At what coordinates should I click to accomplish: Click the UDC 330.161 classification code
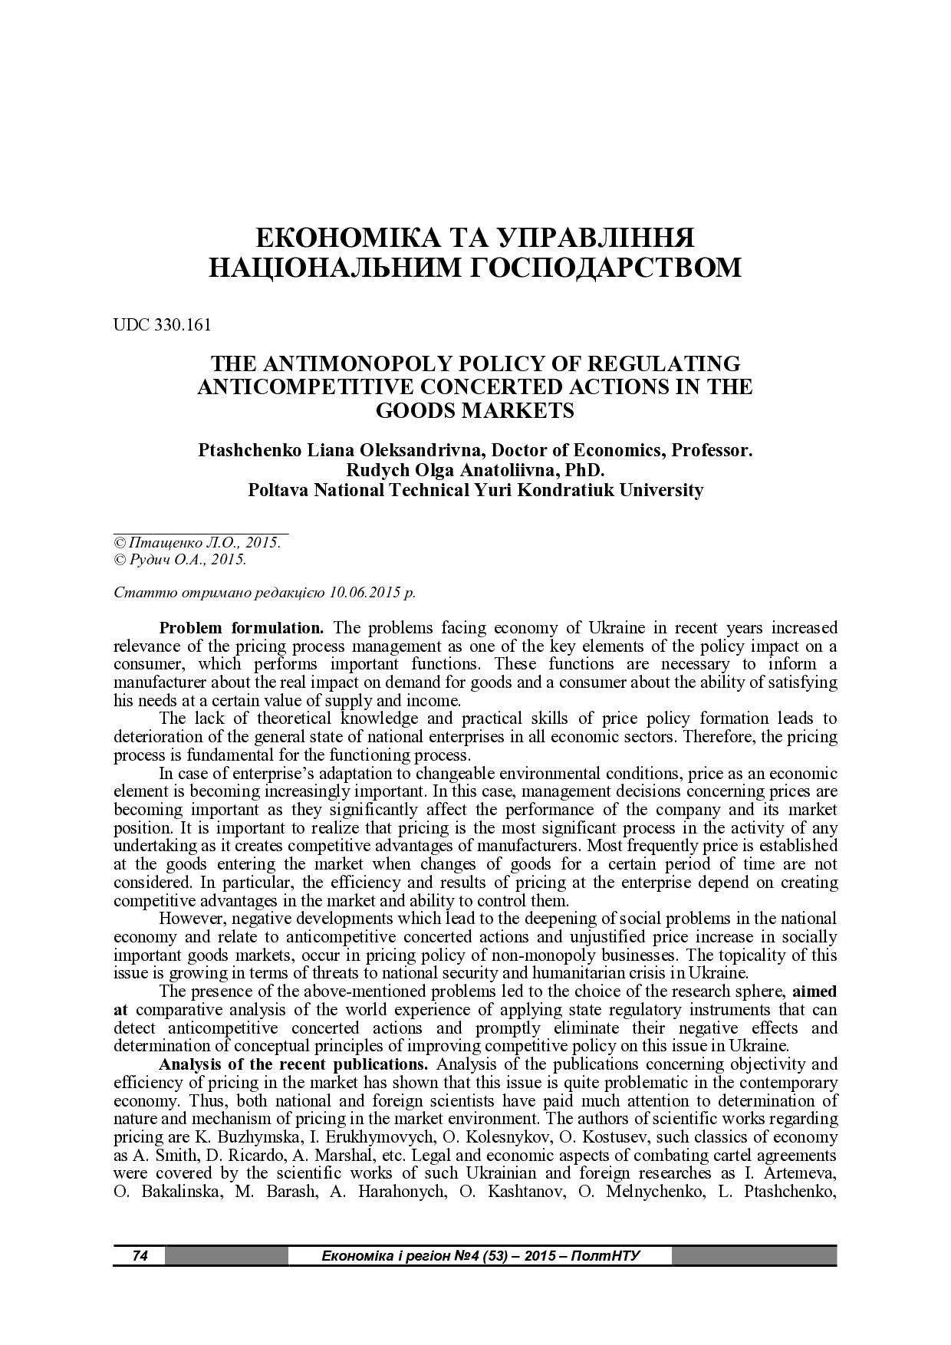point(162,324)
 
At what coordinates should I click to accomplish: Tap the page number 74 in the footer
point(140,1255)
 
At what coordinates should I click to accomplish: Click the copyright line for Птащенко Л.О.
point(197,542)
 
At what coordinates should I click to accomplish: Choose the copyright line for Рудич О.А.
point(180,560)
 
